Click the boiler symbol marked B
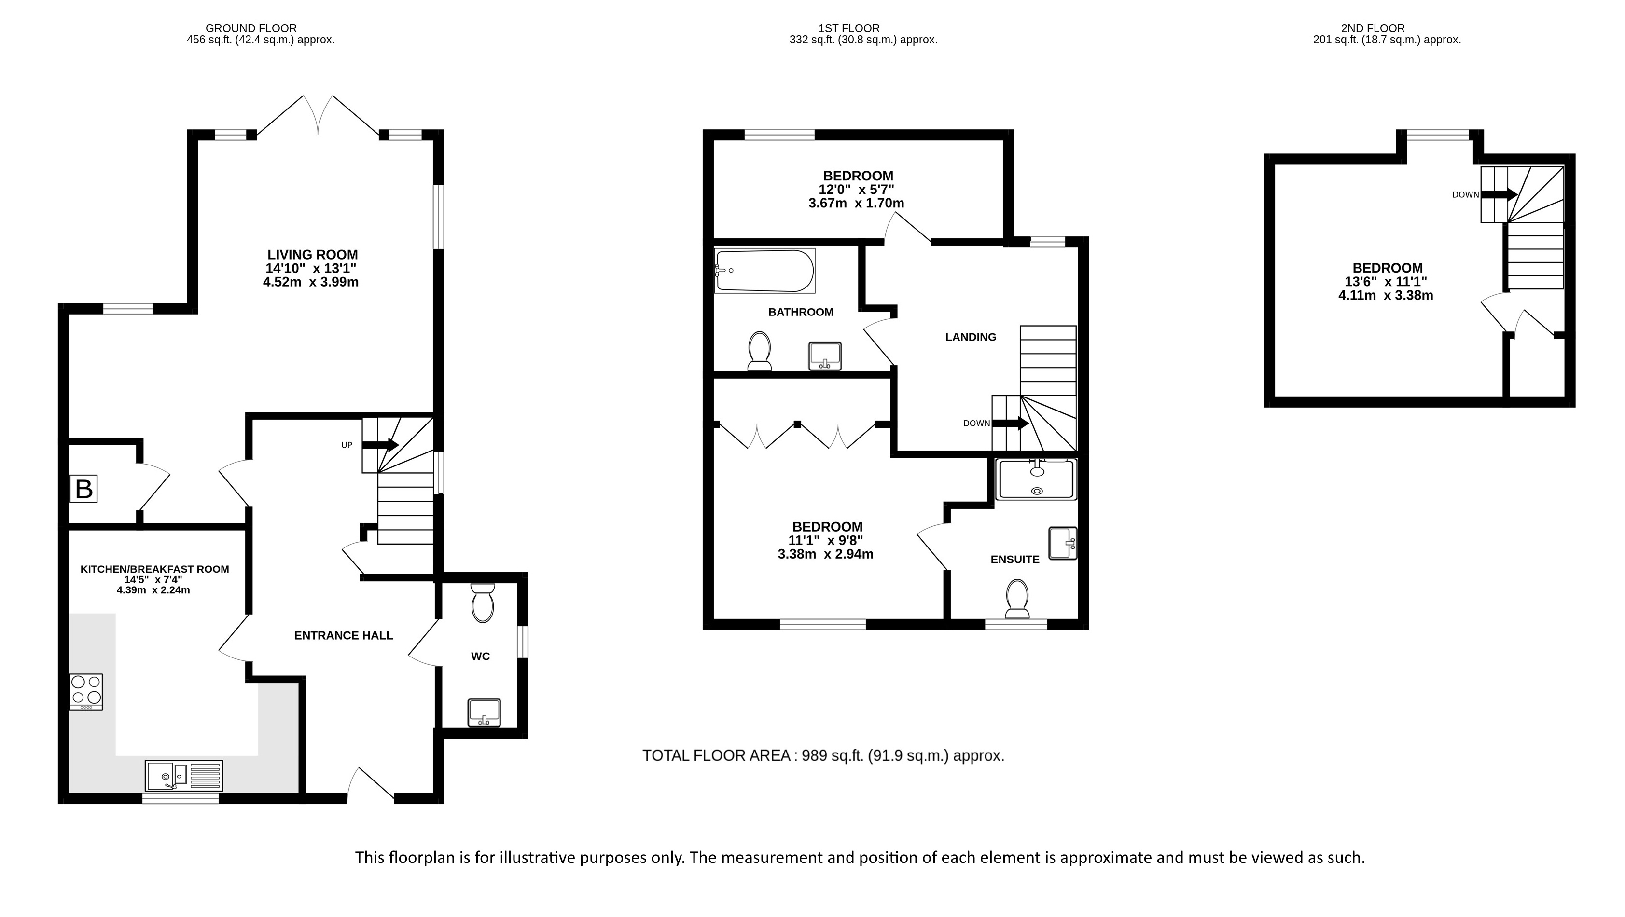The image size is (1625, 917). pos(84,489)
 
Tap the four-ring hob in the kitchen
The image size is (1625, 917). pos(86,692)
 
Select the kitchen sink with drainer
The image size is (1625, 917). pos(183,776)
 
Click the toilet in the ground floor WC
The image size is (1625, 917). pos(483,602)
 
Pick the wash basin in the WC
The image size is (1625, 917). pos(485,712)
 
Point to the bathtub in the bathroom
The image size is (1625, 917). pos(764,271)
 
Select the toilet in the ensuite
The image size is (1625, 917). pos(1017,599)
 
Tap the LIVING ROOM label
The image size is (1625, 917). pos(312,255)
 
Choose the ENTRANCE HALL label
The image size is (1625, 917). pos(344,636)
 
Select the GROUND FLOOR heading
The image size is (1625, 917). pos(251,28)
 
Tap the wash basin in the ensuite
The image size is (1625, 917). pos(1063,543)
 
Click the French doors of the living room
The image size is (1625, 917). pos(319,115)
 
